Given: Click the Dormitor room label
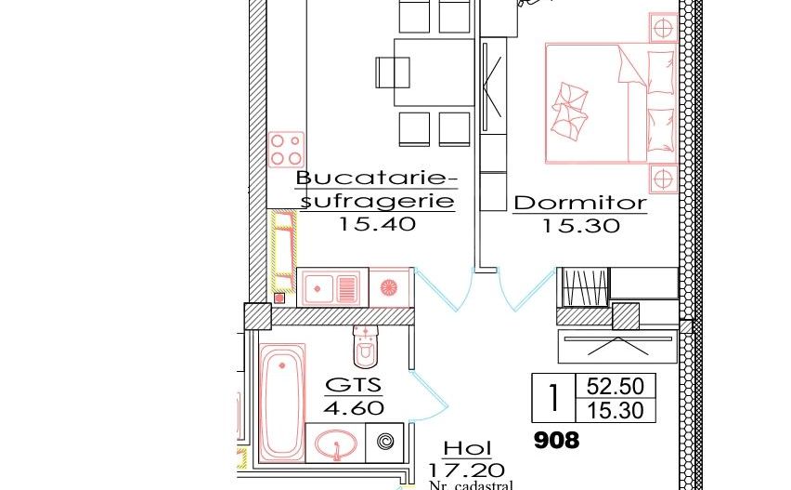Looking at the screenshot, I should click(580, 202).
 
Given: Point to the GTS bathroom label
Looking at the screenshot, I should click(353, 386).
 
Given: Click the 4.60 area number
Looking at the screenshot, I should click(353, 407).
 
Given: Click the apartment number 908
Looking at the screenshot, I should click(557, 440).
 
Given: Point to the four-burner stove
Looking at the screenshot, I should click(287, 149).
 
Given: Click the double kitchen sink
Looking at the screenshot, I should click(331, 287).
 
